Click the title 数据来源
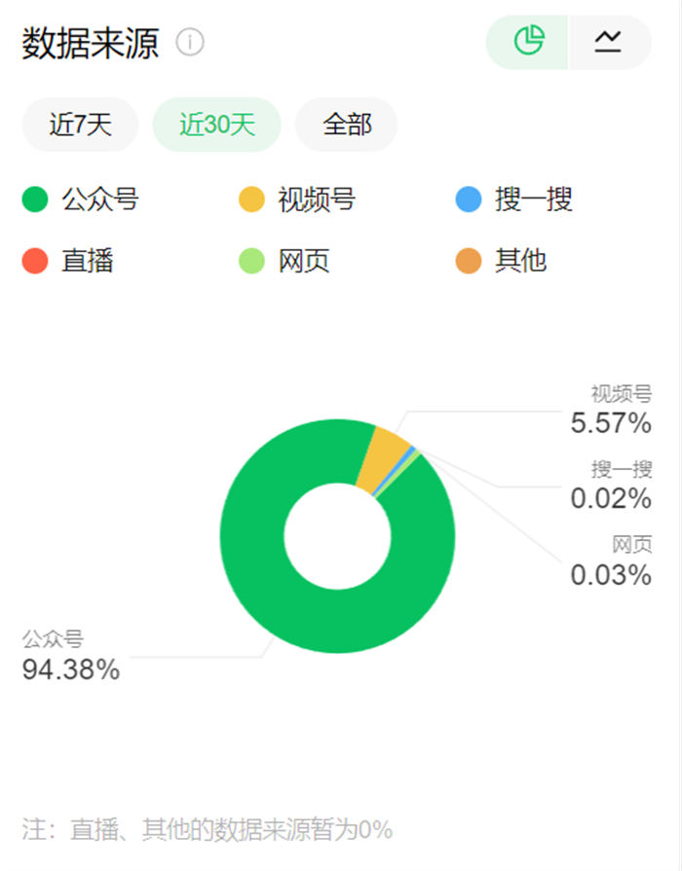click(x=90, y=44)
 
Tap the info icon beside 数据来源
click(x=190, y=43)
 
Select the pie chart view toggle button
click(x=528, y=42)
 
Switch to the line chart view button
click(x=608, y=42)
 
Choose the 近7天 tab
click(x=80, y=125)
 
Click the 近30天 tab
click(x=216, y=125)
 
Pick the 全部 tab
click(x=346, y=125)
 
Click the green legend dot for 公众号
click(x=35, y=201)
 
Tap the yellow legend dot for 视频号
click(x=251, y=201)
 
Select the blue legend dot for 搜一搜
click(x=469, y=201)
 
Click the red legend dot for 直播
click(x=35, y=262)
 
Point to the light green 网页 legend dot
click(x=251, y=262)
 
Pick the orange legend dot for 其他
click(x=469, y=262)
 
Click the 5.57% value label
click(x=611, y=423)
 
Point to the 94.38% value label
click(x=71, y=670)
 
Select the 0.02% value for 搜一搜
click(x=611, y=499)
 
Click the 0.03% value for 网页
click(x=611, y=575)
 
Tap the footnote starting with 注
click(x=208, y=830)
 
